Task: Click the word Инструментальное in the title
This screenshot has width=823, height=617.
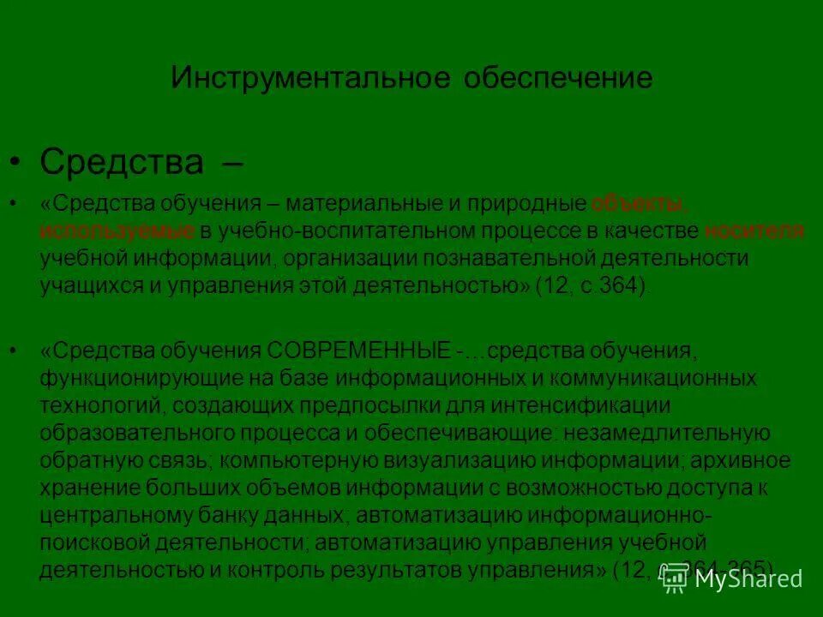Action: tap(310, 79)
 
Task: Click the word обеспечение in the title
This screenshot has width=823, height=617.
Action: tap(558, 79)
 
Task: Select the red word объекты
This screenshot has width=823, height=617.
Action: tap(640, 204)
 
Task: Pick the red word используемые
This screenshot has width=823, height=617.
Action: tap(117, 231)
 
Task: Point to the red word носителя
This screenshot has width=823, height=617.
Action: tap(754, 231)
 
